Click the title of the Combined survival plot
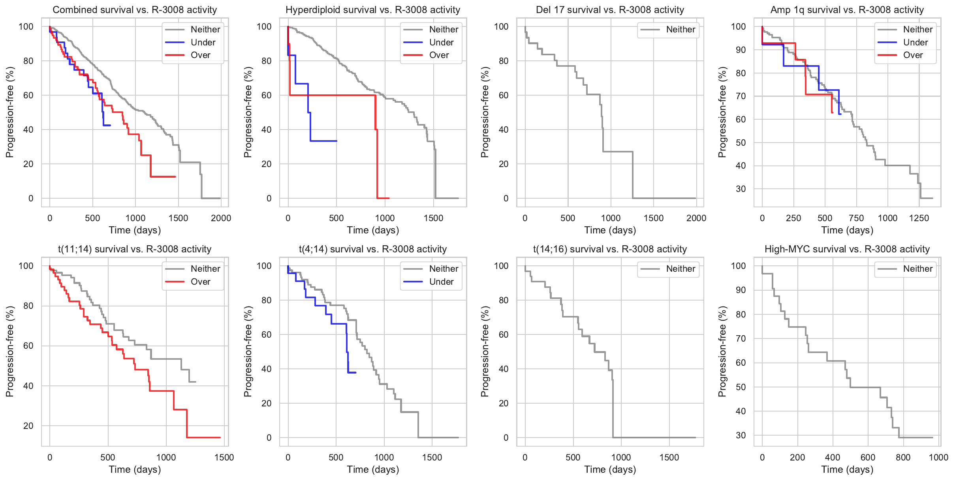pyautogui.click(x=135, y=10)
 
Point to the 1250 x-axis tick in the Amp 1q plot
pyautogui.click(x=919, y=218)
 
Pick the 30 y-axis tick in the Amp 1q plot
pyautogui.click(x=741, y=189)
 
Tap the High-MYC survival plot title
pyautogui.click(x=847, y=249)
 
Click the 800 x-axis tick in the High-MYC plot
pyautogui.click(x=903, y=457)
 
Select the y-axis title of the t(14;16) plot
pyautogui.click(x=485, y=351)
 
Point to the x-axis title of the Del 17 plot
pyautogui.click(x=610, y=230)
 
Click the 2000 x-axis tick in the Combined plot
pyautogui.click(x=221, y=218)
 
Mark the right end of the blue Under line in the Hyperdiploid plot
pyautogui.click(x=337, y=141)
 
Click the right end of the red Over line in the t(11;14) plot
pyautogui.click(x=220, y=438)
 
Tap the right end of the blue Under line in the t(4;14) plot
pyautogui.click(x=355, y=372)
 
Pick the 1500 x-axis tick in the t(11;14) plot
pyautogui.click(x=224, y=457)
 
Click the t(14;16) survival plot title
pyautogui.click(x=610, y=249)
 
